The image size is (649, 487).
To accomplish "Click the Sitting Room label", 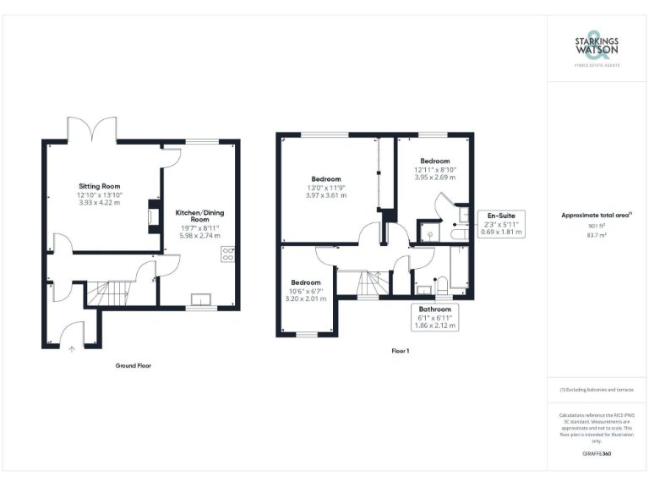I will (100, 185).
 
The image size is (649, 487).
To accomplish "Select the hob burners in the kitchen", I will (228, 254).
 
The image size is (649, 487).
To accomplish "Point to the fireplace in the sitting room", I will (153, 216).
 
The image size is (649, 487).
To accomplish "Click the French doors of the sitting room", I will (92, 129).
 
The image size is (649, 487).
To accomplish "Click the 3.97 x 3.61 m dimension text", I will (325, 195).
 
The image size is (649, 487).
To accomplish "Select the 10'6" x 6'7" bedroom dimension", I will (306, 290).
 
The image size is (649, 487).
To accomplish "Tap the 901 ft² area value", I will (597, 226).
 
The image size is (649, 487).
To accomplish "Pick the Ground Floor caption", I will (133, 365).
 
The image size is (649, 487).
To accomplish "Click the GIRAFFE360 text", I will (597, 454).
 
